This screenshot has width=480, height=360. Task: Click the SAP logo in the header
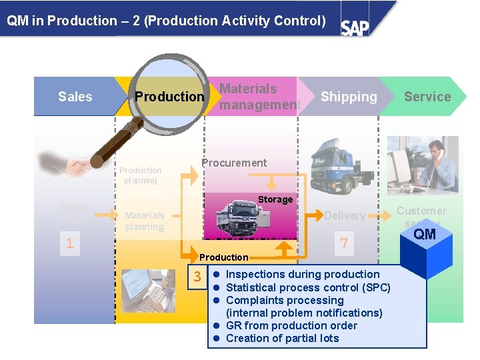point(355,27)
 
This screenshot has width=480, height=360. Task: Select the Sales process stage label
point(75,97)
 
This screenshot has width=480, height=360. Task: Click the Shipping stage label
point(349,97)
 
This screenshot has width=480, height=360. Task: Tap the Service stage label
point(427,97)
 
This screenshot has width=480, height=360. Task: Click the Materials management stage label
point(260,97)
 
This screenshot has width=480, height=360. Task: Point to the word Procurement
point(234,163)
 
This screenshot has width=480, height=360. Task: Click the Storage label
point(275,199)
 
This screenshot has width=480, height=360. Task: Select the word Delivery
point(345,215)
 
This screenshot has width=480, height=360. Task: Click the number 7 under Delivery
point(344,243)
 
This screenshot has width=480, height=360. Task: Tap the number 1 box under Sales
point(69,243)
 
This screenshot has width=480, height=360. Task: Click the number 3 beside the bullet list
point(197,277)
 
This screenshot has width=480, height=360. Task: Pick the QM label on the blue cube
point(425,234)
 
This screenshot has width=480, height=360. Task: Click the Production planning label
point(141,175)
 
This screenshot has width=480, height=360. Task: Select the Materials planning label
point(144,221)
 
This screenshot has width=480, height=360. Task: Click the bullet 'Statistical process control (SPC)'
point(308,287)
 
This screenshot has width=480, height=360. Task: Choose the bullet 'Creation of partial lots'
point(282,338)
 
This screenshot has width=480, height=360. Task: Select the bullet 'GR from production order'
point(291,325)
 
